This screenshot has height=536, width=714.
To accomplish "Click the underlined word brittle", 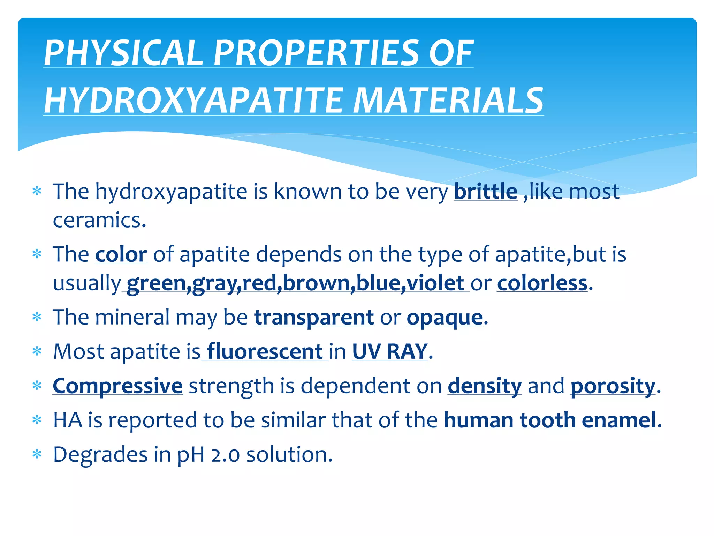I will click(x=485, y=192).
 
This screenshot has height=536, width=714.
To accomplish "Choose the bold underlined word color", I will click(x=121, y=254).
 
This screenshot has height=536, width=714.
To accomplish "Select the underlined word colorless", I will click(x=542, y=283).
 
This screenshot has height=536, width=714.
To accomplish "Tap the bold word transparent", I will click(x=314, y=317).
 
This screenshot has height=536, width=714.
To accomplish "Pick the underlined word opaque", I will click(x=445, y=318).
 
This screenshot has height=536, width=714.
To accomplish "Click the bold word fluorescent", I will click(x=265, y=351).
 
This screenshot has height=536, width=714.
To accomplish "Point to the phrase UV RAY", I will click(x=390, y=351).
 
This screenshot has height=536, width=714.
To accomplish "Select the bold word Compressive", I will click(x=117, y=386).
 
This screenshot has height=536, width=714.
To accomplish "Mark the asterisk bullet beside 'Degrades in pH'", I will click(x=37, y=454).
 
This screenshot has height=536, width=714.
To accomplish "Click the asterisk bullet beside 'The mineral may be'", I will click(x=37, y=317).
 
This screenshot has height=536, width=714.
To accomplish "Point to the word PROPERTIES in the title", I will click(x=316, y=53).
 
